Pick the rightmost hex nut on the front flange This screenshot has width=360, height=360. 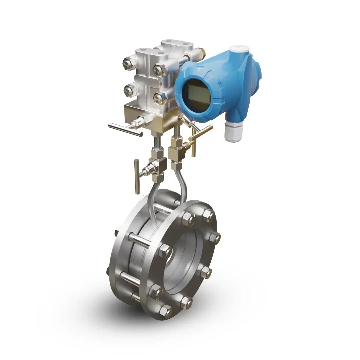(x=214, y=237)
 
